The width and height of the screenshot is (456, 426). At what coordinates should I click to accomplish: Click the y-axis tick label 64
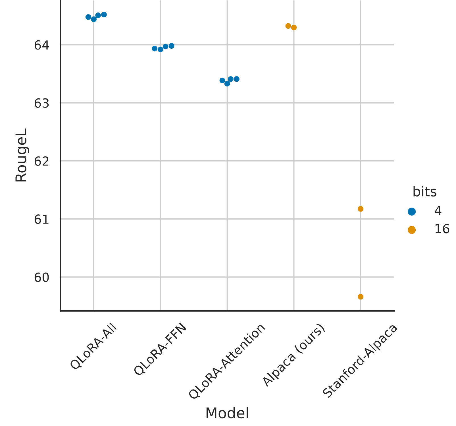pos(41,46)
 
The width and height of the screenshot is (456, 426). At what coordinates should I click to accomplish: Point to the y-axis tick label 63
pos(41,104)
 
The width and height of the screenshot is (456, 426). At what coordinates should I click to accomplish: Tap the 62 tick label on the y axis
pos(41,162)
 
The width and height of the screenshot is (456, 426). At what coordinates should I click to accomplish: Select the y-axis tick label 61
pos(41,220)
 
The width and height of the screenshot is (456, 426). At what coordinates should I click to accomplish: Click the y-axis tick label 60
pos(41,278)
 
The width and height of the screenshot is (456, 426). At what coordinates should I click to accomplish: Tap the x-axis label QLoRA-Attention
pos(227,361)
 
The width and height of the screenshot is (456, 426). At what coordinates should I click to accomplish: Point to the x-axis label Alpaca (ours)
pos(293,355)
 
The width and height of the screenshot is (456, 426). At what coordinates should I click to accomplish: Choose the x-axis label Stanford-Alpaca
pos(360,361)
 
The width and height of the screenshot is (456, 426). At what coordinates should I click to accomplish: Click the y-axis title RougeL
pos(21,155)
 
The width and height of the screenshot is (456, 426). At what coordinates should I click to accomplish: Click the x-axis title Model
pos(227,413)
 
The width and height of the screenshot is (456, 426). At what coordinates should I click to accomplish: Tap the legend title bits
pos(424,192)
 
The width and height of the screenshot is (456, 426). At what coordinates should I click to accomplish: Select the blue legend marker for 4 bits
pos(411,211)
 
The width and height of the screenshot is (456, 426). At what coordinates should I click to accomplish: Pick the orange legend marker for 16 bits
pos(411,230)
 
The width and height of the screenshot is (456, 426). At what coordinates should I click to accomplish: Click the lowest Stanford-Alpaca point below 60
pos(361,297)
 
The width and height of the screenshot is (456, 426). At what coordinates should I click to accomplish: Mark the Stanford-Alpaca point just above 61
pos(361,209)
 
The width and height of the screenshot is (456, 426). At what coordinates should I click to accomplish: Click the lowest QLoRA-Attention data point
pos(227,84)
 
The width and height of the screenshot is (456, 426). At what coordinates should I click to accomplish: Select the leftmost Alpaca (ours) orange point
pos(288,26)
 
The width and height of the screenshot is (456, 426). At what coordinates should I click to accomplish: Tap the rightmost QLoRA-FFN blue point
pos(171,46)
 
